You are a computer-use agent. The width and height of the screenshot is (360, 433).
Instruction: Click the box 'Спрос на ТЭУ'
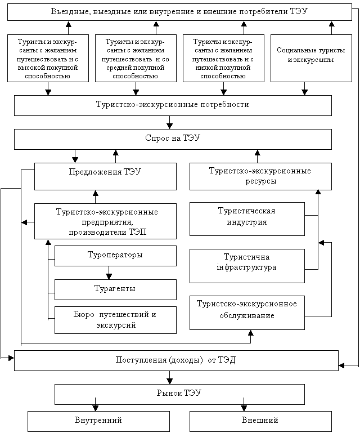click(x=173, y=139)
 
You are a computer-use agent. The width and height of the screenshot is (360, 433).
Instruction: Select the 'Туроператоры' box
click(x=115, y=256)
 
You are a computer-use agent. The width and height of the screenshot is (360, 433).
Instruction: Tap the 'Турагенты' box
click(x=115, y=289)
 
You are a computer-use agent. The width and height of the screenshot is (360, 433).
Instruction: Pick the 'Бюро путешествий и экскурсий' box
click(x=115, y=320)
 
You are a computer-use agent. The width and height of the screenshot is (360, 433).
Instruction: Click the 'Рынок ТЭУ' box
click(x=179, y=394)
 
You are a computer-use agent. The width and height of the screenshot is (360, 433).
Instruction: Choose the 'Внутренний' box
click(x=98, y=421)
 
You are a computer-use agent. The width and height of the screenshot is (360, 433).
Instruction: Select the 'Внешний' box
click(x=260, y=421)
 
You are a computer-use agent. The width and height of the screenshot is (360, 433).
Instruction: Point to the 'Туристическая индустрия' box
click(x=247, y=219)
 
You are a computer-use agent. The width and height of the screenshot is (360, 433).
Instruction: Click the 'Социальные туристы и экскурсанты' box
click(x=311, y=58)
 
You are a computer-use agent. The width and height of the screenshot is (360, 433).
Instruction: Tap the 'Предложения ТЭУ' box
click(x=105, y=176)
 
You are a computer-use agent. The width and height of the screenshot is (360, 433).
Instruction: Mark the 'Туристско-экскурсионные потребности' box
click(x=173, y=105)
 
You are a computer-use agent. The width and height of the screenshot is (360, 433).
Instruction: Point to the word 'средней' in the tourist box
click(x=118, y=68)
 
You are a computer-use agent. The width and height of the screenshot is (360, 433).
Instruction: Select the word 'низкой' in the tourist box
click(x=205, y=68)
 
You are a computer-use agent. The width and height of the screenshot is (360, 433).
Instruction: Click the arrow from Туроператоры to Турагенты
click(x=109, y=273)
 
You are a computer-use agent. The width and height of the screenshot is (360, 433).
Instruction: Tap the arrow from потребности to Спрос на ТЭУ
click(x=169, y=122)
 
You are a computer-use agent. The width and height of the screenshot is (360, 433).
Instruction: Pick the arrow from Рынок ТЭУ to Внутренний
click(x=95, y=404)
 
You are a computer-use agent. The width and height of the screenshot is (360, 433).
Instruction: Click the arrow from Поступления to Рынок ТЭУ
click(x=169, y=377)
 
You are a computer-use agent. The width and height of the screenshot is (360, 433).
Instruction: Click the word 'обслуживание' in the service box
click(x=247, y=315)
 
